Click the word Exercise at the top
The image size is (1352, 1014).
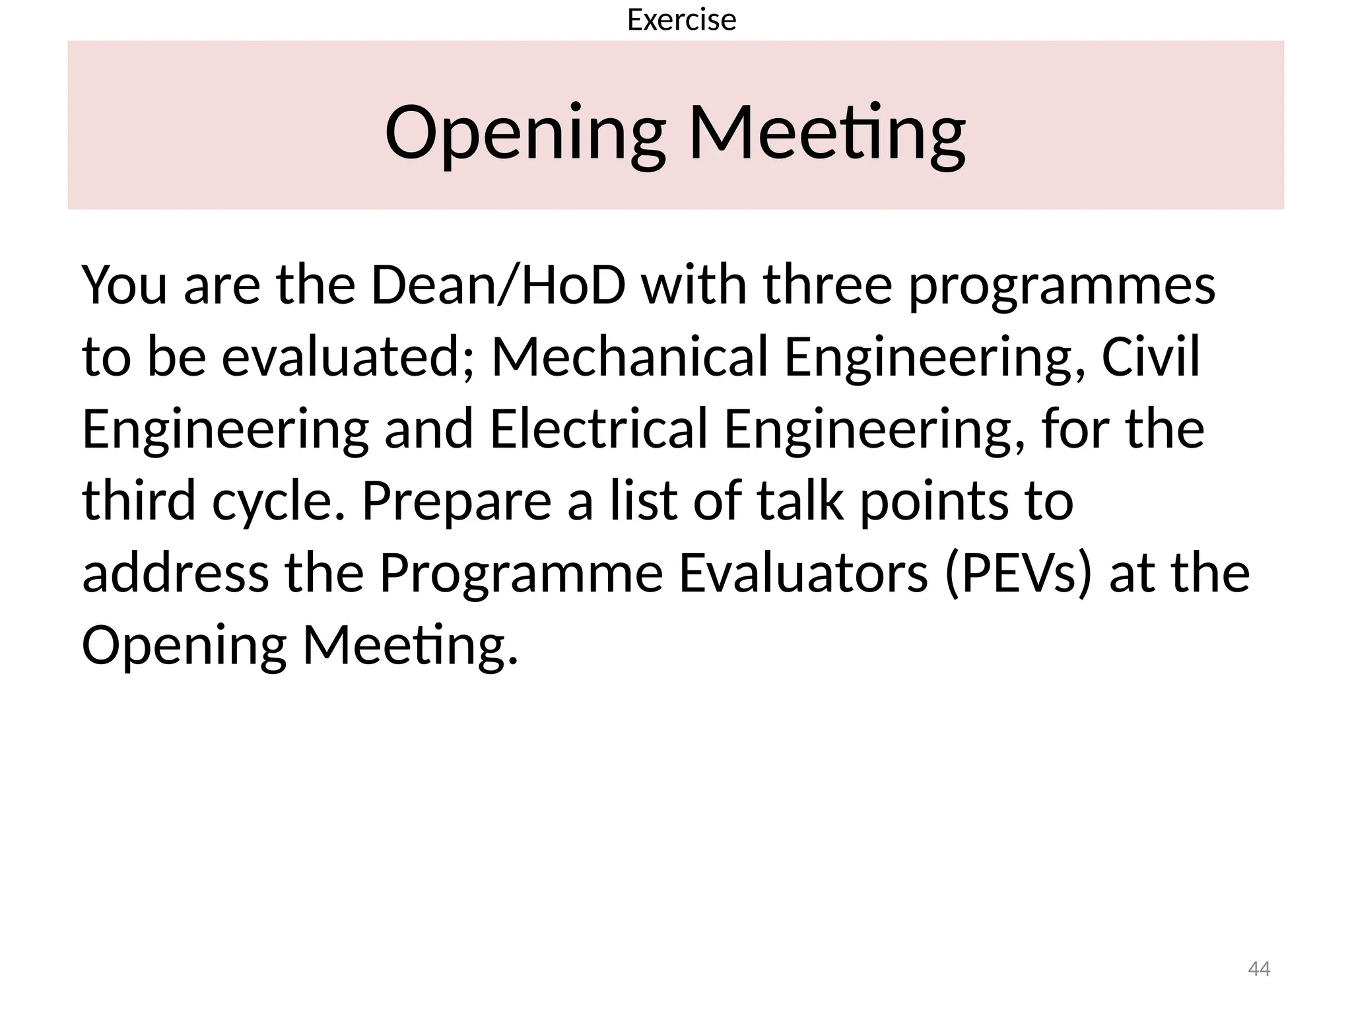point(681,20)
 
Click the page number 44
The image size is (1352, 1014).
point(1259,969)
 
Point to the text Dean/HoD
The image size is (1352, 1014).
point(498,285)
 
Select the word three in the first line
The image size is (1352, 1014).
point(828,285)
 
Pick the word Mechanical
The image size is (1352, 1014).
point(630,357)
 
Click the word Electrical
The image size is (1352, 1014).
point(599,429)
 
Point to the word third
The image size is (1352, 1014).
point(139,501)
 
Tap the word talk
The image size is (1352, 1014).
point(800,501)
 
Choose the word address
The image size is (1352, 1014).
point(175,573)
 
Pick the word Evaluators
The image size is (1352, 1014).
point(803,573)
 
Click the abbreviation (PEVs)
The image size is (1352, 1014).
point(1019,574)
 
